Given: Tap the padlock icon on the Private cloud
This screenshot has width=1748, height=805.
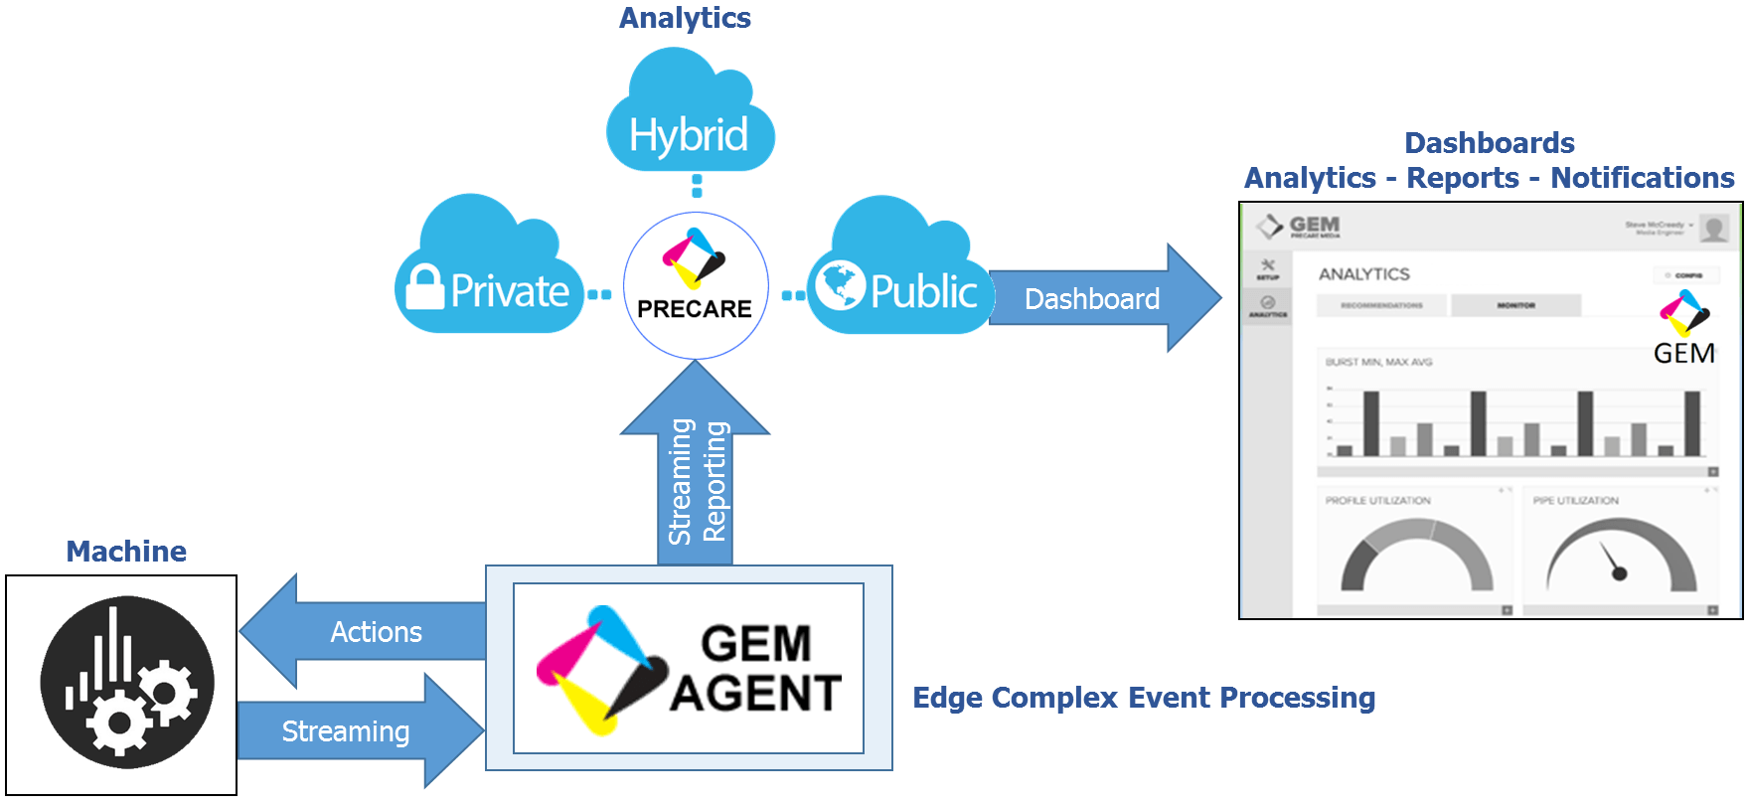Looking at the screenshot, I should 425,287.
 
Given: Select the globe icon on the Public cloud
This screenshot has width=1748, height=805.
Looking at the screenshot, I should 840,285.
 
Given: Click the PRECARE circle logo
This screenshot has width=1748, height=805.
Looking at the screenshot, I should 696,285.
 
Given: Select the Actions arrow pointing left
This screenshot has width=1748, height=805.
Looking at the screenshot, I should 368,631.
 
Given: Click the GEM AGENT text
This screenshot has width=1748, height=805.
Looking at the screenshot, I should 755,669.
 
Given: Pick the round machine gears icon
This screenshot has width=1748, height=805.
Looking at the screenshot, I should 126,682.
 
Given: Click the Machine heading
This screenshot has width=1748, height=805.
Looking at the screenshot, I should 126,552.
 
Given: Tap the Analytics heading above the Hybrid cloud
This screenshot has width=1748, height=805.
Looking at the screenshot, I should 685,18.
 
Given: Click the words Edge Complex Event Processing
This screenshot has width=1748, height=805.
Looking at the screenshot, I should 1144,698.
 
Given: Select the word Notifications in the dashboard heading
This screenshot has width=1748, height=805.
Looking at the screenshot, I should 1642,178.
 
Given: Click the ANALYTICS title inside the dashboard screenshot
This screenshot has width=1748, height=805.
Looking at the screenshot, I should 1363,274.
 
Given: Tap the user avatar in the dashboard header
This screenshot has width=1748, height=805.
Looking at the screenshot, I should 1713,229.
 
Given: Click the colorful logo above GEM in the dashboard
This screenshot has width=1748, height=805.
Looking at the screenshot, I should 1684,313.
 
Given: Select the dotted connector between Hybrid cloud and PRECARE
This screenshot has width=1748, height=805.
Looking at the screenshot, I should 697,186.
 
